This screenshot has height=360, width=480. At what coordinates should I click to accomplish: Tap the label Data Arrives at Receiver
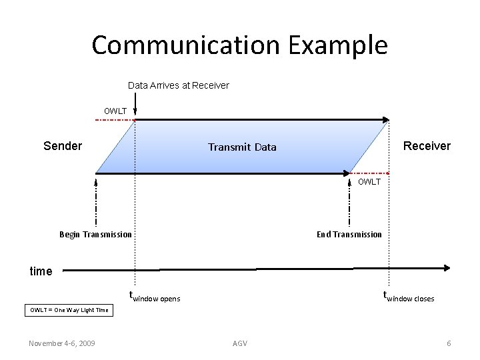[178, 85]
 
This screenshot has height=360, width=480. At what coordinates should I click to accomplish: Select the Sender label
[63, 146]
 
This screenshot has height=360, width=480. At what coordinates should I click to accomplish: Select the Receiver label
[427, 146]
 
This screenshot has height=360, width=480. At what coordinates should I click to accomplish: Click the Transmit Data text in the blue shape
[242, 147]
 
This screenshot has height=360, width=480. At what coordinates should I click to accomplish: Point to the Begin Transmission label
[95, 234]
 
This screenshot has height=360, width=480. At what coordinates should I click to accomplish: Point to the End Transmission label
[349, 234]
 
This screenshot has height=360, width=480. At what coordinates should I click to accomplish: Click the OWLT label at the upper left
[115, 110]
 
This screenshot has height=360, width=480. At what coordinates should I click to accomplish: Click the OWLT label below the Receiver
[369, 182]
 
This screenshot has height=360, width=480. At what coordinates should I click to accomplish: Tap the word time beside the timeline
[41, 271]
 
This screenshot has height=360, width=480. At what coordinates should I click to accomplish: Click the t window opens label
[155, 297]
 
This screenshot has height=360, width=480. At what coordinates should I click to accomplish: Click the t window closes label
[408, 297]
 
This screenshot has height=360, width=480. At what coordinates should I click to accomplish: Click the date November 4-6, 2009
[61, 343]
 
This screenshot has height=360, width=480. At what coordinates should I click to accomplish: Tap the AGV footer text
[240, 343]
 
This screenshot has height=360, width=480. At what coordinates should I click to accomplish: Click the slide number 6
[449, 343]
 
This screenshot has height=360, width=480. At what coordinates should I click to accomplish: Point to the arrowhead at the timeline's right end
[447, 268]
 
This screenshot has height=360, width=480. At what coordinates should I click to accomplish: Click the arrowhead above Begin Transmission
[97, 180]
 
